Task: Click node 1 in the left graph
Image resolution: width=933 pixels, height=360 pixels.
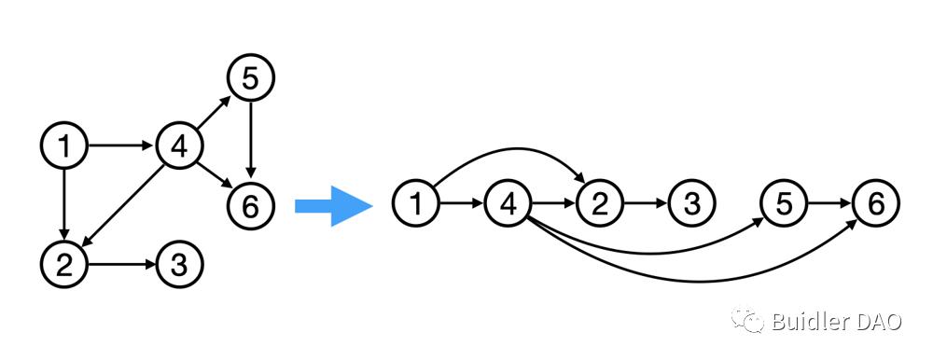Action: click(64, 145)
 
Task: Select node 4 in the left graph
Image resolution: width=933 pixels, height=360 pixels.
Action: click(180, 145)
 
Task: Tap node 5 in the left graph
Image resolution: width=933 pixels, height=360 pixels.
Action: click(250, 78)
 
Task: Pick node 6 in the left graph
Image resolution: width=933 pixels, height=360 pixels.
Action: click(250, 206)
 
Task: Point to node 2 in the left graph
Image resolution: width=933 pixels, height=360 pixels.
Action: click(64, 265)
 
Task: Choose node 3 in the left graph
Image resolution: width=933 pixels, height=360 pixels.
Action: click(180, 265)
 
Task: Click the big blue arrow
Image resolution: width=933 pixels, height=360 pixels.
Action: click(334, 206)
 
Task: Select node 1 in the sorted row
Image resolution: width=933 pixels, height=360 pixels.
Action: click(415, 204)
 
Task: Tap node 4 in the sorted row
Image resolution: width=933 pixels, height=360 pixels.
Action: click(508, 204)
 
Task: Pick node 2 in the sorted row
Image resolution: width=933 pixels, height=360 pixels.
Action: click(600, 204)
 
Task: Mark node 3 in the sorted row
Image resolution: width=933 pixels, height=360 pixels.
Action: click(691, 204)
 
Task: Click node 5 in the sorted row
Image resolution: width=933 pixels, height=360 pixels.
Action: click(784, 204)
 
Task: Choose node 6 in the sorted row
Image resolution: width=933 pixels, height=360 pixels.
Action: click(876, 204)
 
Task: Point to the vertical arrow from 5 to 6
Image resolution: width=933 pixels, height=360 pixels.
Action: click(250, 141)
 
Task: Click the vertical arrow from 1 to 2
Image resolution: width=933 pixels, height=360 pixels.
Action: click(64, 205)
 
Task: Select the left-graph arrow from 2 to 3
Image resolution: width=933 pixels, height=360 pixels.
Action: click(121, 265)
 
